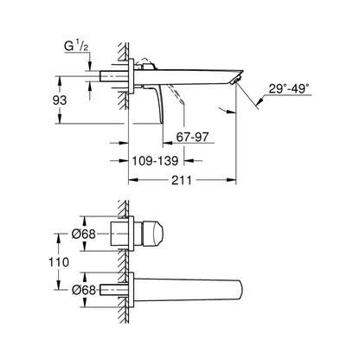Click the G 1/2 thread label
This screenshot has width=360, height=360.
[76, 47]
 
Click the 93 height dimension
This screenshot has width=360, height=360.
[60, 100]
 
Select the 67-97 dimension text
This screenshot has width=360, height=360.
[192, 137]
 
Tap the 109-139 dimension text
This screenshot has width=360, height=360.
[155, 161]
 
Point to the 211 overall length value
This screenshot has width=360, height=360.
[182, 180]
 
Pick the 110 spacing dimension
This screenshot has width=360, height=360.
[59, 262]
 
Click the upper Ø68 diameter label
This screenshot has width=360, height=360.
[84, 234]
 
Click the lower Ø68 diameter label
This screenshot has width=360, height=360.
[84, 290]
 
